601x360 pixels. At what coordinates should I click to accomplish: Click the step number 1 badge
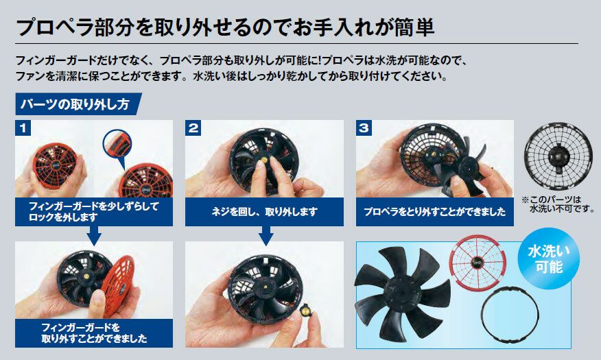point(24,128)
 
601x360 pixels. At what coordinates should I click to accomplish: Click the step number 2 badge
point(194,128)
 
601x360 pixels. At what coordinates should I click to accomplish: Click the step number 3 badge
point(364,128)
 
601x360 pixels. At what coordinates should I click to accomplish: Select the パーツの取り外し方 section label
point(75,105)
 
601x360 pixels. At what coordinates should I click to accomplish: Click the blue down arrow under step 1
point(94,235)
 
